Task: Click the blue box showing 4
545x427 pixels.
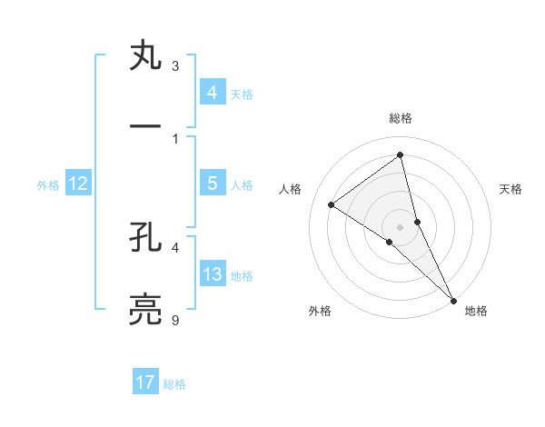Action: click(x=212, y=92)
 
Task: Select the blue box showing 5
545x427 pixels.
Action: click(x=212, y=184)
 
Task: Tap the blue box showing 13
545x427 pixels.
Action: click(x=212, y=274)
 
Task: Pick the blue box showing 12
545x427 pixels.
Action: click(x=77, y=184)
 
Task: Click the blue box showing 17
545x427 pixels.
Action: click(x=145, y=382)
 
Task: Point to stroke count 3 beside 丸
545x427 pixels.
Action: click(x=175, y=66)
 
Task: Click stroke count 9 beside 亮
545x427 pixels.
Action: click(x=175, y=320)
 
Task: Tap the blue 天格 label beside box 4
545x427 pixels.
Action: click(x=241, y=94)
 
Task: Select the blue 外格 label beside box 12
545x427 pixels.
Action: click(x=48, y=185)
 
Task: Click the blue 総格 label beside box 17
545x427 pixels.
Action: click(x=174, y=384)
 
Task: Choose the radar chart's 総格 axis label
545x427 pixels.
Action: click(x=401, y=118)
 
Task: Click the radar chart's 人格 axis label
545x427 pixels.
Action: click(x=291, y=189)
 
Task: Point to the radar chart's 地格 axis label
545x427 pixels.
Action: click(x=476, y=311)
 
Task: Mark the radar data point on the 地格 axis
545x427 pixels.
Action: click(x=453, y=299)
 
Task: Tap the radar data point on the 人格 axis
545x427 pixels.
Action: click(x=332, y=204)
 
